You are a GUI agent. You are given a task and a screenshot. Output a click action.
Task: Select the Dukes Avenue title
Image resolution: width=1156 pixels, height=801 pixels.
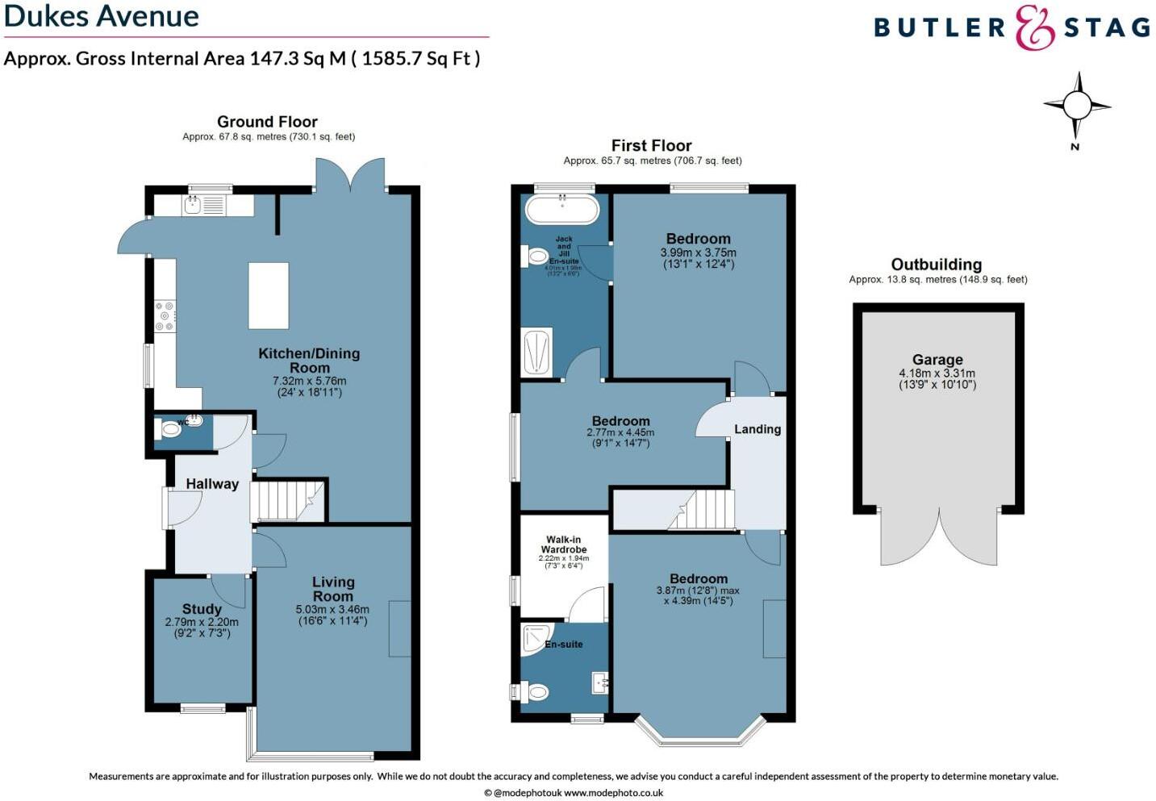[x=102, y=16]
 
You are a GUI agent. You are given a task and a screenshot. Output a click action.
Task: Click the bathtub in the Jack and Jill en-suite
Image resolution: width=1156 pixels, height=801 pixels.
[x=562, y=210]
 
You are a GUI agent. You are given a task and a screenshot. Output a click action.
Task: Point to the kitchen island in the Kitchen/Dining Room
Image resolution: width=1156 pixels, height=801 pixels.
[x=269, y=295]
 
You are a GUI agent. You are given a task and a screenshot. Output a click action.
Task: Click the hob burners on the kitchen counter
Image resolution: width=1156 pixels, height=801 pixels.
[x=165, y=315]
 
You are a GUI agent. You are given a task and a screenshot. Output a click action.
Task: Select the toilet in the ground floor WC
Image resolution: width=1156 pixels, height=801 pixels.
[x=170, y=430]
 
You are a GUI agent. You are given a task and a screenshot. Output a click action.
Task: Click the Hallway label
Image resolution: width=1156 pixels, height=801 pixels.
[x=212, y=484]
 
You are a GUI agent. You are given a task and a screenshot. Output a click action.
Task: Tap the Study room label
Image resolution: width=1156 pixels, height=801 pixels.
[x=202, y=609]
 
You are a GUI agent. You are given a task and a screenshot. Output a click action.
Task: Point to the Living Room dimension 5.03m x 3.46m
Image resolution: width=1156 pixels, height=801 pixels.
[x=332, y=610]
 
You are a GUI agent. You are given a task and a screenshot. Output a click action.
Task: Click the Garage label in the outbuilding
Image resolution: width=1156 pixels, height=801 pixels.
[x=937, y=360]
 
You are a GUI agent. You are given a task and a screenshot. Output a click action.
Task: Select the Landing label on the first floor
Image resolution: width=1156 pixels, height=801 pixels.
[x=757, y=429]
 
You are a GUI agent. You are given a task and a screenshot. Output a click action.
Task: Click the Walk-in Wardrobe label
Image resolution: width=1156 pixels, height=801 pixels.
[x=563, y=544]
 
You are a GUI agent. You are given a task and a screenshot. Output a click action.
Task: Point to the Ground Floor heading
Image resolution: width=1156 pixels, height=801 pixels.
[x=267, y=122]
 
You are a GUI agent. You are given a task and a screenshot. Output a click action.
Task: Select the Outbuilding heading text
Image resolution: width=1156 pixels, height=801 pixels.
[x=936, y=265]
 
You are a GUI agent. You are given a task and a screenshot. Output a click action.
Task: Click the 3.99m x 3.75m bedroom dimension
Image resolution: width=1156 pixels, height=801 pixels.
[x=698, y=252]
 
